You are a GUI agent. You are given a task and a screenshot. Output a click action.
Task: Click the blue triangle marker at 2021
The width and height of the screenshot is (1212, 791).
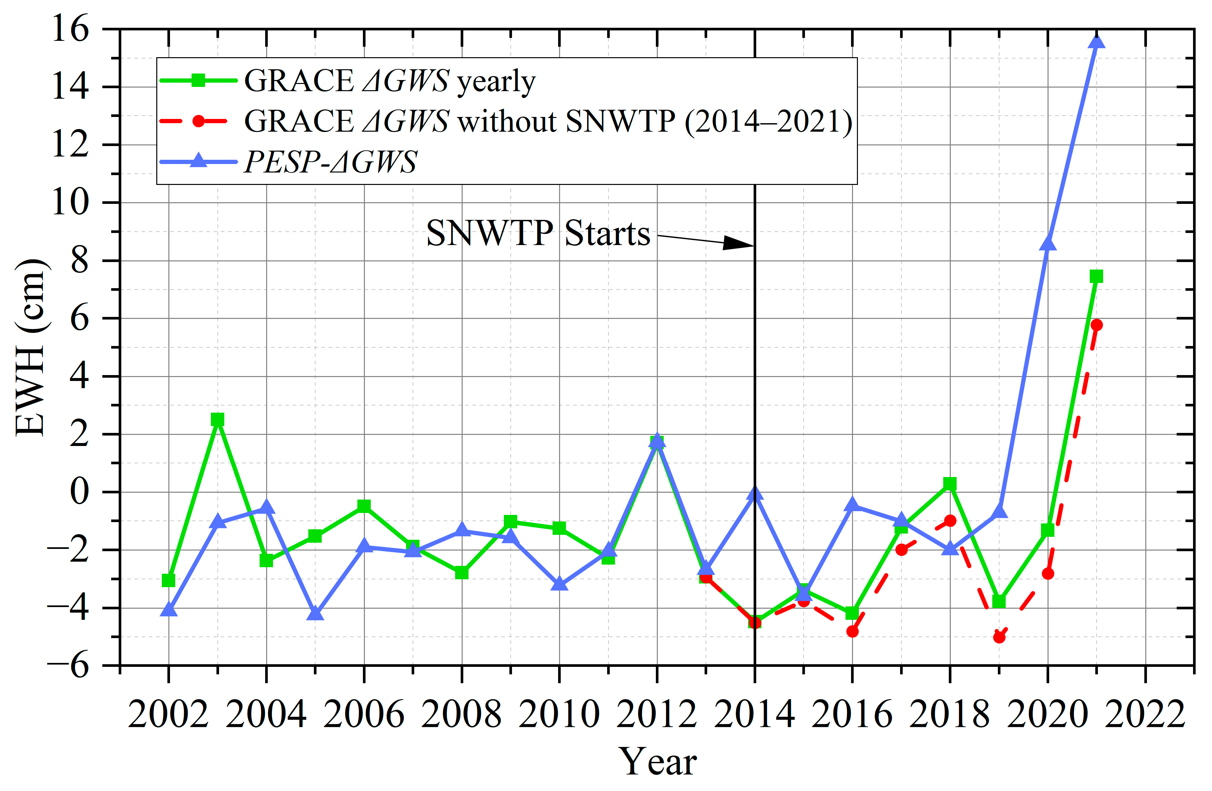(1096, 42)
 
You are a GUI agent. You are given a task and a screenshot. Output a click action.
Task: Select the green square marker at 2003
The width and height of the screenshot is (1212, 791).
(217, 420)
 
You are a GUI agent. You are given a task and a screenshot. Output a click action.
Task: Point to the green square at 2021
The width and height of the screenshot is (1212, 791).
(1096, 276)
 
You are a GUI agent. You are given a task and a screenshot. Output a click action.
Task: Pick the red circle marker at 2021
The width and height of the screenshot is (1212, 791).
(1096, 325)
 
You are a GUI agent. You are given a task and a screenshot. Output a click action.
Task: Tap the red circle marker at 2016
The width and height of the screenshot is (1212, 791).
(852, 631)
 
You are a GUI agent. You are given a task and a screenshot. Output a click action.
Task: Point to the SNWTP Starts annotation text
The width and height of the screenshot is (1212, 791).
(538, 233)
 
